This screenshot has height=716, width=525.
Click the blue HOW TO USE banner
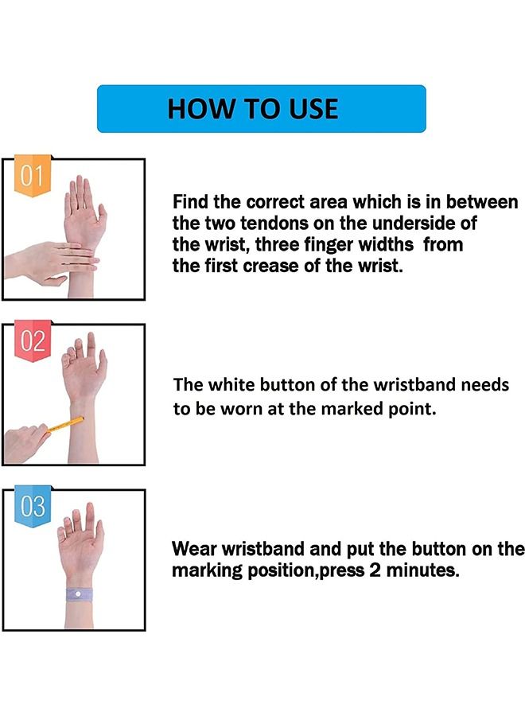tap(261, 108)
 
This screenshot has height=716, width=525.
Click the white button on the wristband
tap(77, 593)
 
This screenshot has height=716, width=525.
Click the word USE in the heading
tap(309, 109)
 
